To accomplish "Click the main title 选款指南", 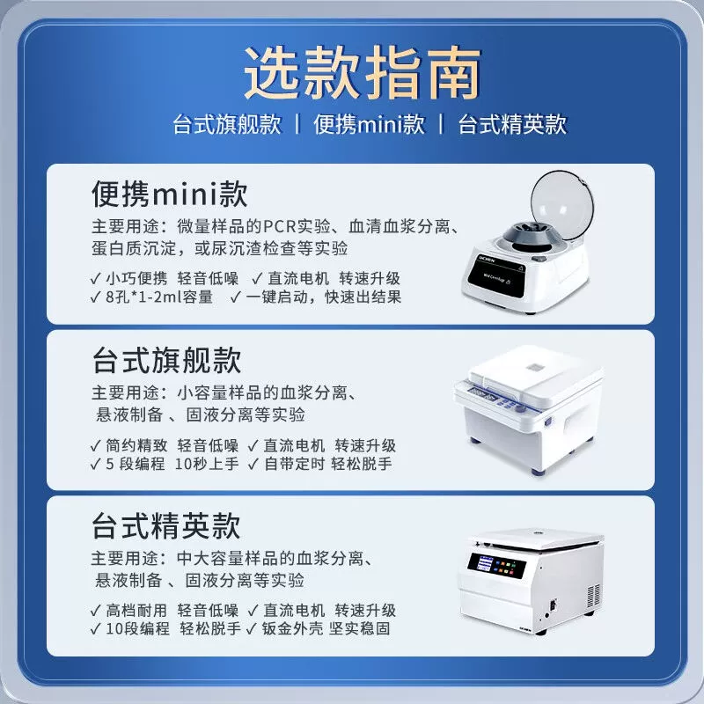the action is pos(363,72).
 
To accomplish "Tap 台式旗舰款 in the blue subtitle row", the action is pos(227,124).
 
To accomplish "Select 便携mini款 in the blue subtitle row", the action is pos(369,124).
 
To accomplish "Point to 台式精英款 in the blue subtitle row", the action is pos(512,124).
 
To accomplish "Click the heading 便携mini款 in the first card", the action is pos(170,194).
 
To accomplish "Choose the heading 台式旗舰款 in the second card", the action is pos(167,360).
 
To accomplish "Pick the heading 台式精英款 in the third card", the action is pos(166,525).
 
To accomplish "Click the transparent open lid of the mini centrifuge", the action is pos(562,204).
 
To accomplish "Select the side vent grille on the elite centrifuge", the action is pos(594,597).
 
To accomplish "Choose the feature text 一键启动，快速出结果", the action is pos(323,297).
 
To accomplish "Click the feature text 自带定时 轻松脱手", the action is pos(328,464).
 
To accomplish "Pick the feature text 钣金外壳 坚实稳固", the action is pos(326,628).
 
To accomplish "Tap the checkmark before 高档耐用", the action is pos(96,611).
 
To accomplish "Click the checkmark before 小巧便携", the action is pos(96,279).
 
